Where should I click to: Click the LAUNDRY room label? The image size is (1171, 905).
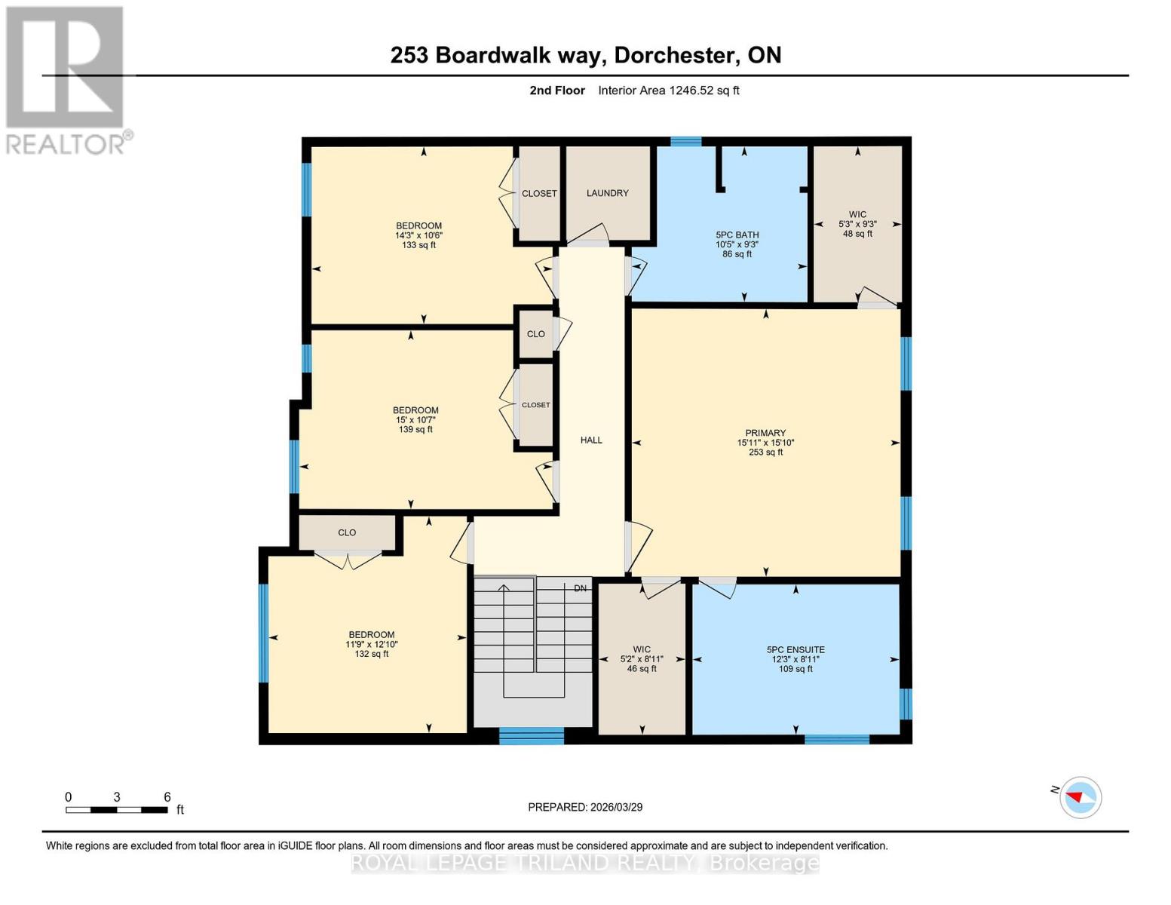[607, 193]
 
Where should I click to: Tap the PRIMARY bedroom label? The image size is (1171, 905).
[765, 433]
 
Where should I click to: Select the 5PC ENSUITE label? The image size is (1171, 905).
[795, 649]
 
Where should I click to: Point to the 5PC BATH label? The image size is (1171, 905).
[737, 235]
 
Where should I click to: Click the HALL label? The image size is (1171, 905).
[591, 440]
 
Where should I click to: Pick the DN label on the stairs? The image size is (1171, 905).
[580, 588]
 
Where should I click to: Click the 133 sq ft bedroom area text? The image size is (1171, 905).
[418, 245]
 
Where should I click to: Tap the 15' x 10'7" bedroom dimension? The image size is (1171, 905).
[415, 420]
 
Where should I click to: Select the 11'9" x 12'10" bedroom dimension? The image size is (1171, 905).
[371, 644]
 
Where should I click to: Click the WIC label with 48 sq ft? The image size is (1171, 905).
[857, 214]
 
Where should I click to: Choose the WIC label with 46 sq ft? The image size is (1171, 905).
[642, 649]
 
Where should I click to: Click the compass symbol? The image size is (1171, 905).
[1080, 797]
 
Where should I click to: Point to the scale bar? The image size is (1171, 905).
[117, 810]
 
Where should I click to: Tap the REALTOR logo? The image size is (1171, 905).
[66, 80]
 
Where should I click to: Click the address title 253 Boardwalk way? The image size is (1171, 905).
[585, 55]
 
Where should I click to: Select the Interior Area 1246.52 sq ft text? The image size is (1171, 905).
[668, 90]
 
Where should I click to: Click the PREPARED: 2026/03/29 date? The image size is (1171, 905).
[585, 807]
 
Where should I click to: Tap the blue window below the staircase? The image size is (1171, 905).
[532, 736]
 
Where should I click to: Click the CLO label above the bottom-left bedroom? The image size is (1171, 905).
[347, 532]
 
